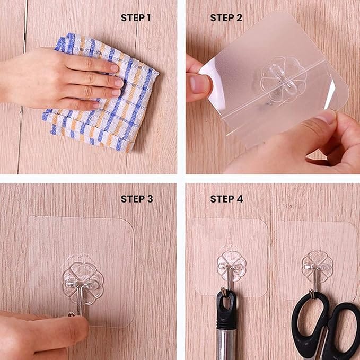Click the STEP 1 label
pos(136,18)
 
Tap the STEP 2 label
pos(226,18)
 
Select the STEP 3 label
pos(136,199)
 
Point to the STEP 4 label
pos(226,199)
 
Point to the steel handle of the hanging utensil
pos(227,345)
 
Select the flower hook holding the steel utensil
pos(231,265)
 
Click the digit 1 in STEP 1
pos(149,18)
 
